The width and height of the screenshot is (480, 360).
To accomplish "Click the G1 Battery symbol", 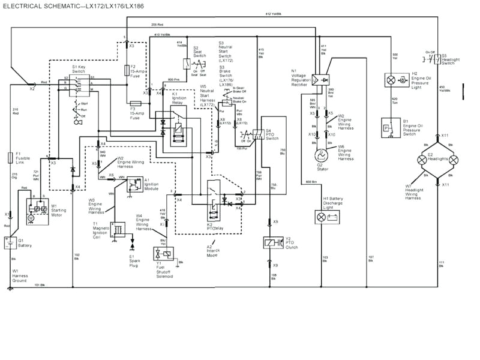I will (11, 242).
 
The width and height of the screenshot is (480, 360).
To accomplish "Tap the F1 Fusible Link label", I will (22, 158).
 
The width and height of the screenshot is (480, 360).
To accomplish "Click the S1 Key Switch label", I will (79, 69).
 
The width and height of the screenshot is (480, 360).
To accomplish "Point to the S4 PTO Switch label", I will (272, 134).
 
